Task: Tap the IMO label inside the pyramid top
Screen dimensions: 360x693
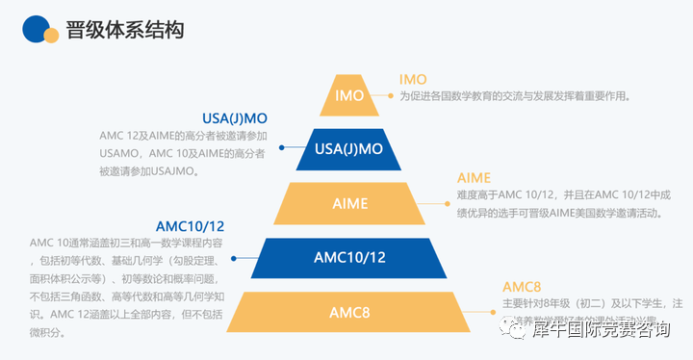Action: tap(349, 96)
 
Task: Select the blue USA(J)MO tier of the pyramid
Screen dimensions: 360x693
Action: tap(349, 148)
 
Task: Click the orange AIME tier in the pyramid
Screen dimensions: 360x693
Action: tap(349, 203)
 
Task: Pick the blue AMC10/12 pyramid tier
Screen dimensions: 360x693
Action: tap(349, 257)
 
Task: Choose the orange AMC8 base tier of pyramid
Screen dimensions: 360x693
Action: tap(349, 313)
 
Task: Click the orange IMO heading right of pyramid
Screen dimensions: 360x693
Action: tap(413, 79)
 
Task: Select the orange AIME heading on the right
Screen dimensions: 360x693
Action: tap(474, 177)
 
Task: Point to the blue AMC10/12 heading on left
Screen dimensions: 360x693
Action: tap(191, 226)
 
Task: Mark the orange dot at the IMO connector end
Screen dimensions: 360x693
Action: tap(391, 96)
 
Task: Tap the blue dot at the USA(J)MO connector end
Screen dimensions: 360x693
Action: tap(281, 148)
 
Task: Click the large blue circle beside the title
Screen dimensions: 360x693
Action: tap(36, 29)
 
